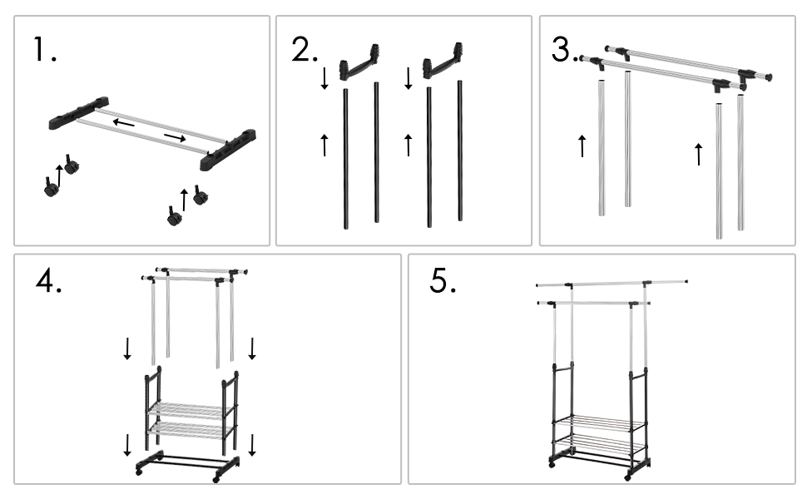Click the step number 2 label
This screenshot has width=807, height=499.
click(304, 51)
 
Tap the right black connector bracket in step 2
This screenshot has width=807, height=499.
click(443, 67)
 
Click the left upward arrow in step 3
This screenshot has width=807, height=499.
click(582, 146)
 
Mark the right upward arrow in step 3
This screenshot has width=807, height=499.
click(698, 153)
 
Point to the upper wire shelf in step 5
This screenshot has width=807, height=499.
click(598, 422)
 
